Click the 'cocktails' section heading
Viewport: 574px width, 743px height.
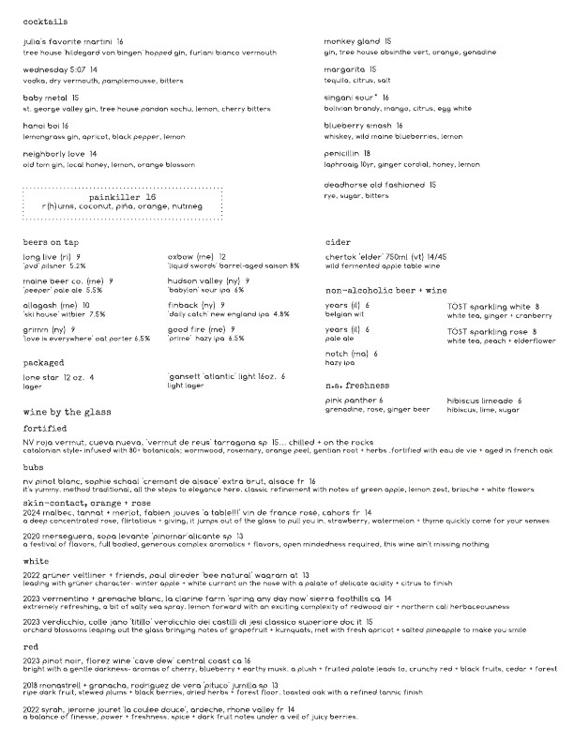pyautogui.click(x=44, y=21)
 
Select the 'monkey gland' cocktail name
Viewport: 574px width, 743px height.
pyautogui.click(x=352, y=42)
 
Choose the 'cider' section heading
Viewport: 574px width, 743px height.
pyautogui.click(x=338, y=242)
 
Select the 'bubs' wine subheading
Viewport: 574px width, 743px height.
pyautogui.click(x=34, y=466)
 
